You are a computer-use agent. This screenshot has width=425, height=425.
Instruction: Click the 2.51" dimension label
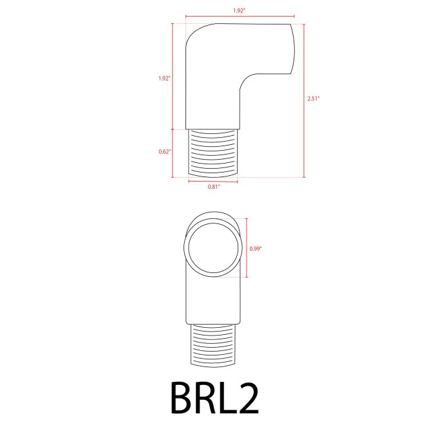(314, 99)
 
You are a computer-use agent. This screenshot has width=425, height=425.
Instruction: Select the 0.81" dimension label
(214, 187)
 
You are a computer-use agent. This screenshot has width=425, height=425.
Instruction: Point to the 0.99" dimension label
(256, 247)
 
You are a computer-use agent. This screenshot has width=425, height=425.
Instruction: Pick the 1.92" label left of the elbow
(164, 79)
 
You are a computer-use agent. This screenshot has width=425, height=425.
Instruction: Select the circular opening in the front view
(212, 247)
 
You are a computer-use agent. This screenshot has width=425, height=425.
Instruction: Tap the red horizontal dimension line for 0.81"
(213, 182)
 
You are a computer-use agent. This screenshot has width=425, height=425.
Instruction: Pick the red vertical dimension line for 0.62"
(173, 153)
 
